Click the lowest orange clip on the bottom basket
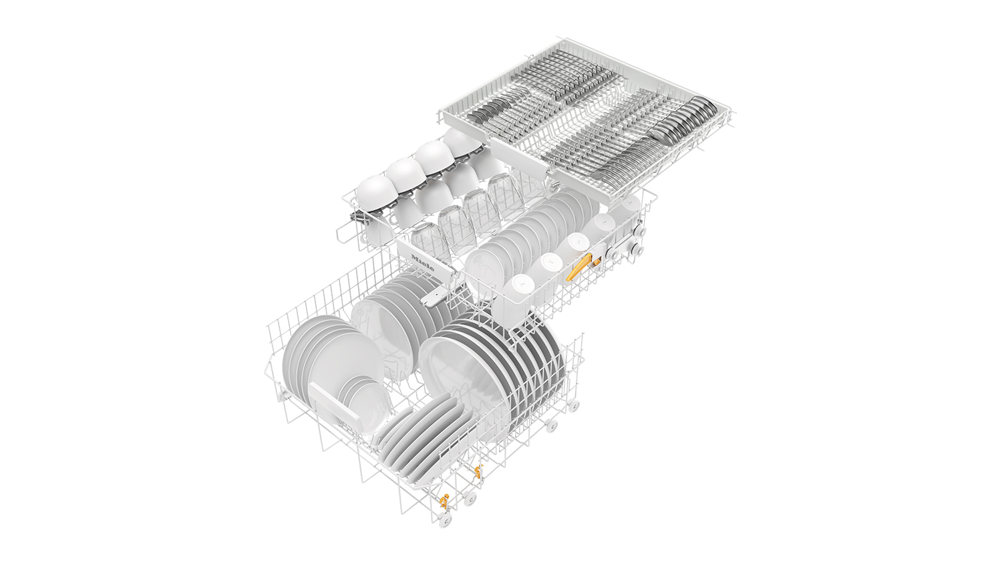point(444,502)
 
